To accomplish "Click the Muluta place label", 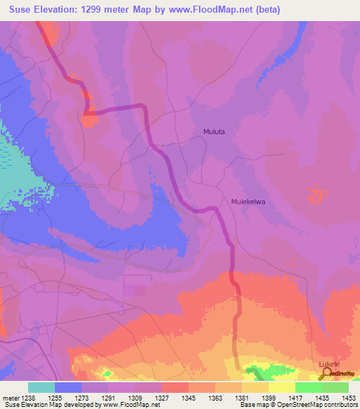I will [214, 131].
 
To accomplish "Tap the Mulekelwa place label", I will [251, 202].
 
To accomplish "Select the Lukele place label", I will [329, 364].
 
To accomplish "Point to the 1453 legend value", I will [349, 397].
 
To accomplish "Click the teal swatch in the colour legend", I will [41, 387].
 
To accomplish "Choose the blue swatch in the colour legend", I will [68, 387].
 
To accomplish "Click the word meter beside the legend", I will [11, 397].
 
